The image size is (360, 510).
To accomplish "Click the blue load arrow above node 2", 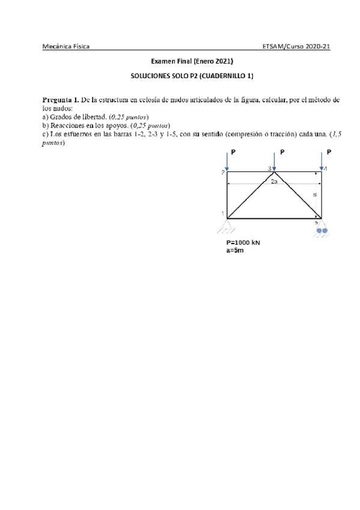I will coord(227,161).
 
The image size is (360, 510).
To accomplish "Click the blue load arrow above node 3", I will coord(274,161).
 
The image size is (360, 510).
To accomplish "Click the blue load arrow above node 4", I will coord(322,161).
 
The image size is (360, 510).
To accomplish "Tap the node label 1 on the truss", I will coord(222,214).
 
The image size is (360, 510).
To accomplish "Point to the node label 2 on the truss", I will coord(222,173).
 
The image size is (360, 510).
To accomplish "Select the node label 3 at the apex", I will coord(269,168).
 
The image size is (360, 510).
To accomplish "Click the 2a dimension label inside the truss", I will coord(273,181).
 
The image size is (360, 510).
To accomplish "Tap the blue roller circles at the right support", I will coord(323,230).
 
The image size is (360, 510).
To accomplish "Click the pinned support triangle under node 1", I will coord(227,226).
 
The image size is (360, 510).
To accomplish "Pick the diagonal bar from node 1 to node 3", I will coord(250,195).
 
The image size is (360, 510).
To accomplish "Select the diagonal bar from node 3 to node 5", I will coord(297,195).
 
